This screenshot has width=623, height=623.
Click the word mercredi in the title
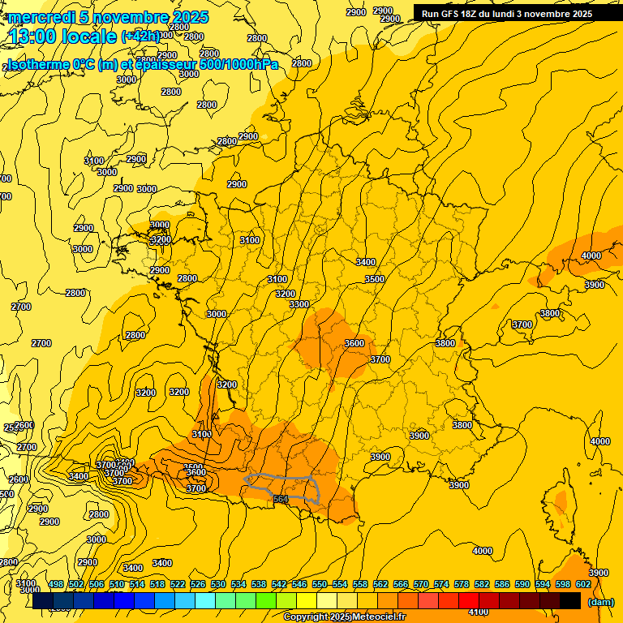coord(41,17)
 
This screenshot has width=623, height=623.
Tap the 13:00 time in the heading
coord(35,37)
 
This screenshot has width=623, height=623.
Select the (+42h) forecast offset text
coord(142,37)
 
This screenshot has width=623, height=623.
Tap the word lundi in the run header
coord(504,14)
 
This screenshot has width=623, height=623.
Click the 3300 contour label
coord(299,304)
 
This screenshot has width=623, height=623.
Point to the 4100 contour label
coord(479,612)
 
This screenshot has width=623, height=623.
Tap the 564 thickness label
coord(281,499)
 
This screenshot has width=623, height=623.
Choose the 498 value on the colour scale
coord(56,584)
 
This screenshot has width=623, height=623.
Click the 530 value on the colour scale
coord(218,584)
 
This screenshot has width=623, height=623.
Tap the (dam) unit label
coord(600,601)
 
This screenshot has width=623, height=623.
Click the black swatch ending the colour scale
coord(570,600)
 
